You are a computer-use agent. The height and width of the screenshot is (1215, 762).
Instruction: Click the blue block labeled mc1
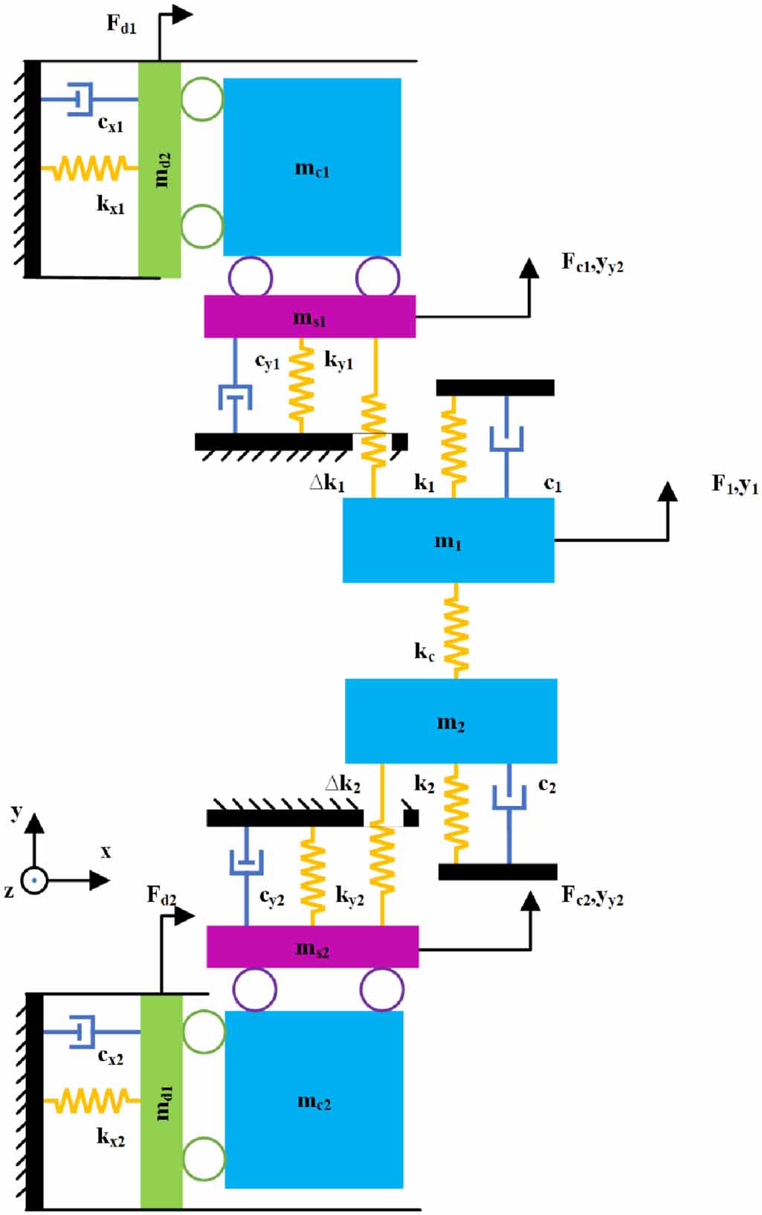[312, 167]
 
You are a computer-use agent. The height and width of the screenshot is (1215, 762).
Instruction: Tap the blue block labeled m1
[448, 540]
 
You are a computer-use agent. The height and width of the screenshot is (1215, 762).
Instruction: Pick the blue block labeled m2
[451, 721]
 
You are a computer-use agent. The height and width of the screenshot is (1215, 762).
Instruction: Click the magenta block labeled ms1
[309, 317]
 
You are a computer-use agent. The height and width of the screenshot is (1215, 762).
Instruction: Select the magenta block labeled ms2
[312, 947]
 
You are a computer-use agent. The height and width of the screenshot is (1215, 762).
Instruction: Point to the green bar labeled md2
[160, 170]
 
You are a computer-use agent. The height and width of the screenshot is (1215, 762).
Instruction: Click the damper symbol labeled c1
[506, 439]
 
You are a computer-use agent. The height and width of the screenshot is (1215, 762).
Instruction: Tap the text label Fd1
[121, 24]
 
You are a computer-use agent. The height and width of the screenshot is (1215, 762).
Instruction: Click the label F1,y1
[734, 485]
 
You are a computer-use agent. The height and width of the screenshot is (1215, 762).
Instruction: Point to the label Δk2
[343, 784]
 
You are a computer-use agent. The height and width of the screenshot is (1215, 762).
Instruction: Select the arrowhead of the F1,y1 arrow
[668, 492]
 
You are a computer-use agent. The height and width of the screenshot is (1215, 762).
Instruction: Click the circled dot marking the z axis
[34, 880]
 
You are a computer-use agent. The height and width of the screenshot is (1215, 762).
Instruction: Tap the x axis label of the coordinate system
[106, 852]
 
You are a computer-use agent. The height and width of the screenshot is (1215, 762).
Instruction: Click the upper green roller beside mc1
[202, 99]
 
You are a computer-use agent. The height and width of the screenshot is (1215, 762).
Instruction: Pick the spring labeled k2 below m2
[456, 814]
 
